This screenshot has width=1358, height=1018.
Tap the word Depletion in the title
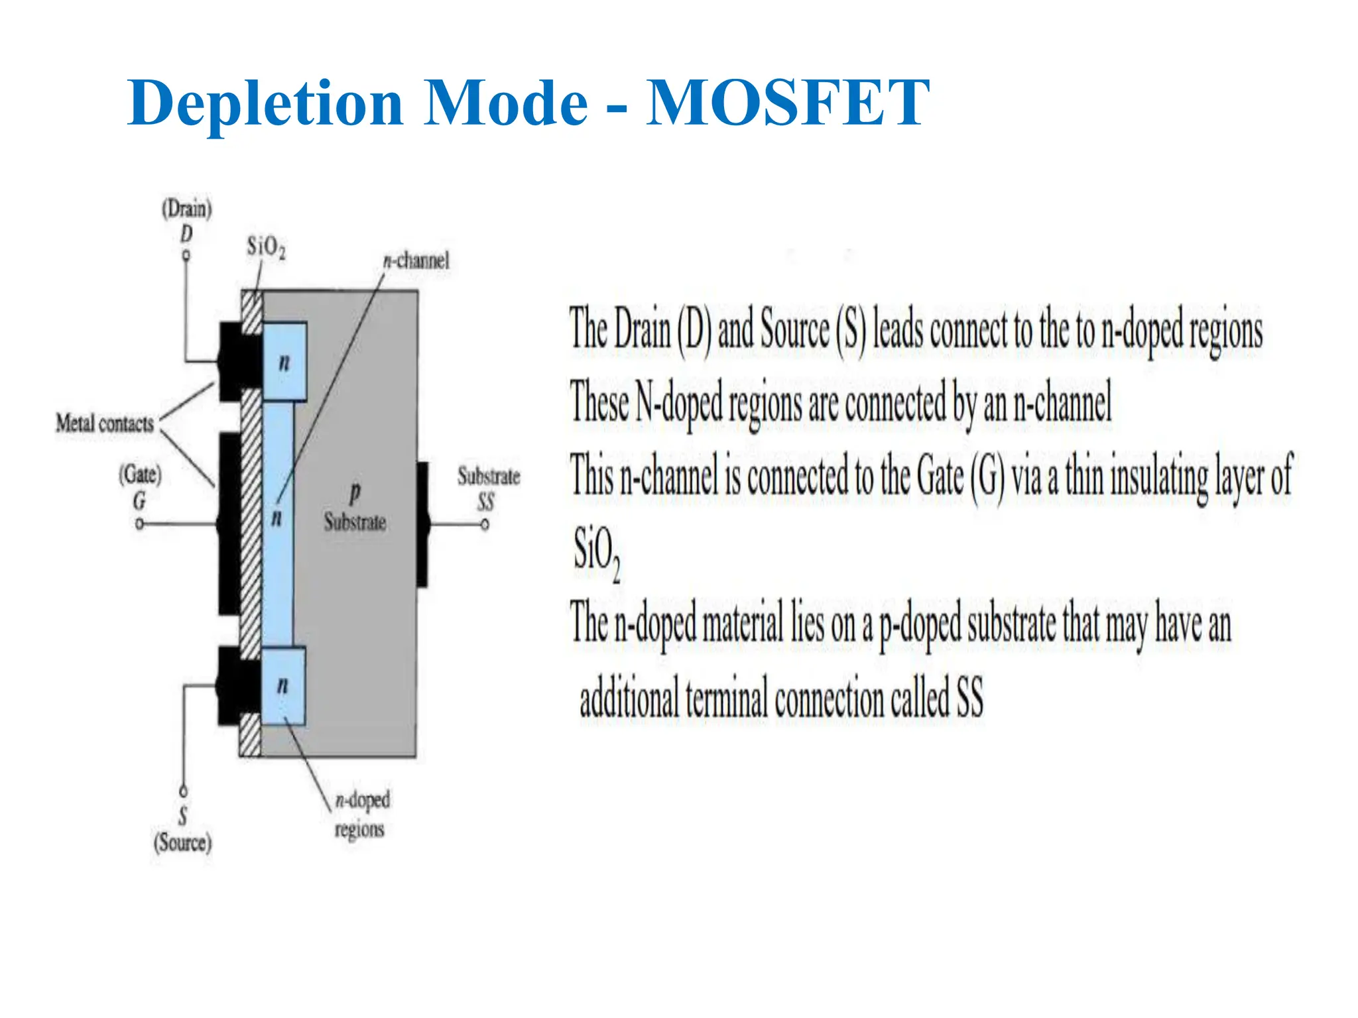pos(265,104)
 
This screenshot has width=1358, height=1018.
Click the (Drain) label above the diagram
pos(187,209)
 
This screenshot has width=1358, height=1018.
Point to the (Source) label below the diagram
pos(182,843)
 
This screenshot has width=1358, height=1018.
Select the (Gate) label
pos(140,475)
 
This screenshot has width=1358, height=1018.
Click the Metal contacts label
pos(105,423)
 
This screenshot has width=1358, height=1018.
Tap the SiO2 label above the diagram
pos(266,247)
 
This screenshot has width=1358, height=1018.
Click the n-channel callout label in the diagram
pos(416,260)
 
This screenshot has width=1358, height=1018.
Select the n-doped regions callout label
pos(361,814)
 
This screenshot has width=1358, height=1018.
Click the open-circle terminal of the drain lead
pos(186,255)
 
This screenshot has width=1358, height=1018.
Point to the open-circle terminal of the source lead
pos(184,791)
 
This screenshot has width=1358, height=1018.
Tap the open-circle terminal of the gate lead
pos(139,524)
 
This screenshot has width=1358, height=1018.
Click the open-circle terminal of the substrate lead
pos(485,525)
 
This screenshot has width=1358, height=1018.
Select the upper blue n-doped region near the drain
pos(284,361)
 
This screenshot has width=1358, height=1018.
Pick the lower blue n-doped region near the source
pos(283,685)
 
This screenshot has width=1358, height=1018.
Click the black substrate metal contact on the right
pos(422,524)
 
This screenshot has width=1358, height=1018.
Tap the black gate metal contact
pos(229,524)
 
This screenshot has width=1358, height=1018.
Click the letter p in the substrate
pos(355,493)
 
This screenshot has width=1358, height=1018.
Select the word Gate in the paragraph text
pos(940,477)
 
